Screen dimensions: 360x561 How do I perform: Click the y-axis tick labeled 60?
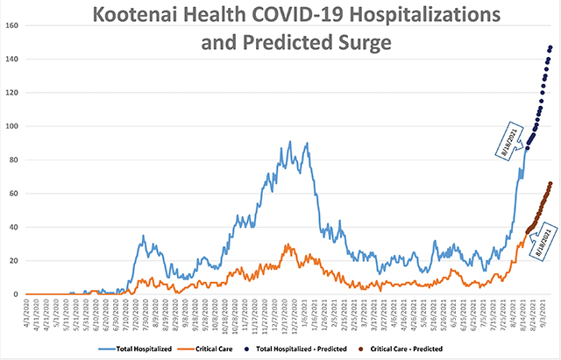(x=15, y=194)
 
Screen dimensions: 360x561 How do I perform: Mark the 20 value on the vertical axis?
(x=15, y=261)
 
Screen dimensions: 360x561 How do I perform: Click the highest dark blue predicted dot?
(x=550, y=47)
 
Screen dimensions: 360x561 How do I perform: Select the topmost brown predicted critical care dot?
(x=550, y=183)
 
